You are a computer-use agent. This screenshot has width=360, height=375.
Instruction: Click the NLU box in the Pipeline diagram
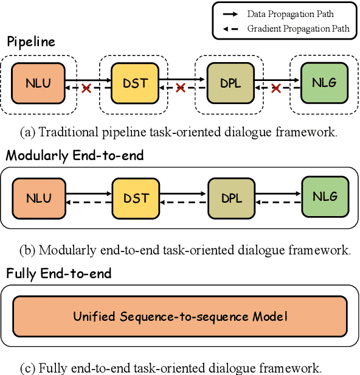[x=39, y=83]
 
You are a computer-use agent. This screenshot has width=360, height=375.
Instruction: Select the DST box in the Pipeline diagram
[x=135, y=83]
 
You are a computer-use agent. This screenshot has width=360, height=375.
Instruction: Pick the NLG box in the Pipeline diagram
[x=325, y=83]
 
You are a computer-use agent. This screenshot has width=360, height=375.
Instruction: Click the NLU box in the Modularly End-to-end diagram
[x=39, y=198]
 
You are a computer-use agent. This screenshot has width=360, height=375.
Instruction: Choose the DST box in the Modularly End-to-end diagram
[x=135, y=198]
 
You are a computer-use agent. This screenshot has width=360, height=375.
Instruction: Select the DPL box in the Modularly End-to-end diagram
[x=232, y=198]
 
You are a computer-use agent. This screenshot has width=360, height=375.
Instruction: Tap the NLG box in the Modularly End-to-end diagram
[x=325, y=197]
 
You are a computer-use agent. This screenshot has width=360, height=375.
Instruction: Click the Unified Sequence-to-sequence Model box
[x=180, y=316]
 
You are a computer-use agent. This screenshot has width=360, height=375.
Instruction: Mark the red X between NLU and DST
[x=86, y=89]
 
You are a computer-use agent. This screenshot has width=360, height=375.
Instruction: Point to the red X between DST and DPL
[x=181, y=89]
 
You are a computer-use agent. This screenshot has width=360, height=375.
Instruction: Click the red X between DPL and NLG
[x=277, y=89]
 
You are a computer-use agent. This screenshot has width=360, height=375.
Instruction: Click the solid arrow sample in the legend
[x=232, y=13]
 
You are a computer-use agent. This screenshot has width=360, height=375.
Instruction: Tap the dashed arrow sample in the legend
[x=232, y=28]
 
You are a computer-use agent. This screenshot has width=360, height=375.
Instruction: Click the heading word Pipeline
[x=31, y=42]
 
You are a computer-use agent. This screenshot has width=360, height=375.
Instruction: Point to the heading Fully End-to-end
[x=59, y=273]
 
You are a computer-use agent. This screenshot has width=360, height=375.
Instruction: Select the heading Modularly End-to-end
[x=75, y=155]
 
